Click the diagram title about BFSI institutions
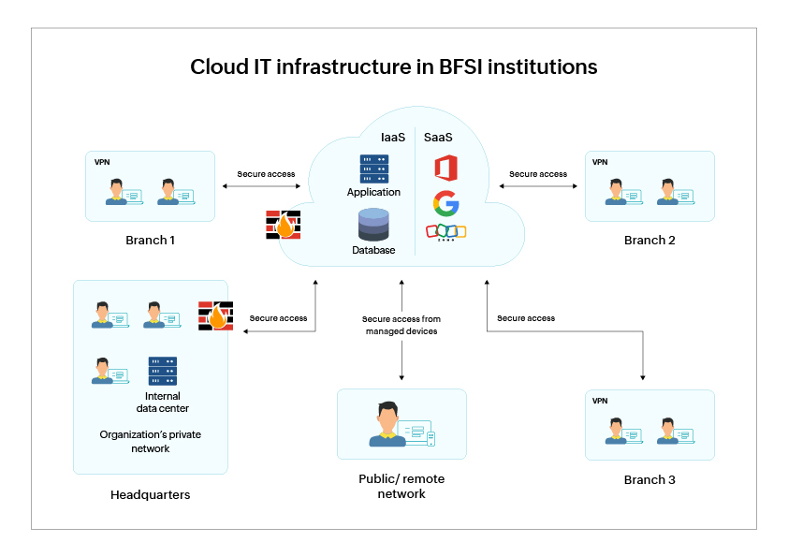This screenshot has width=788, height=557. tap(393, 67)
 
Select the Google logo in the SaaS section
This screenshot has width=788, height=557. tap(445, 202)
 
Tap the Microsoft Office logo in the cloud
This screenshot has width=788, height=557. tap(445, 169)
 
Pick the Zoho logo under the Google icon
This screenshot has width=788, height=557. tap(445, 231)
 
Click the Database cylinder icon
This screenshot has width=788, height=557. tap(373, 225)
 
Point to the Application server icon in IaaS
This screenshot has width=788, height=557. tap(373, 169)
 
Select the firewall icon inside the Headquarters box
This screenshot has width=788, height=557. tap(215, 316)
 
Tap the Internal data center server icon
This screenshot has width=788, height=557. tap(162, 372)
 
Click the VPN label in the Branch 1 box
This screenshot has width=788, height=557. tap(102, 162)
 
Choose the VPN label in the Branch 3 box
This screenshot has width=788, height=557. tap(601, 401)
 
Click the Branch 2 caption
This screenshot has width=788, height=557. tap(649, 241)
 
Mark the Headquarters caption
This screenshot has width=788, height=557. tap(150, 494)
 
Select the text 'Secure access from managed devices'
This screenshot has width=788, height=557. tap(401, 325)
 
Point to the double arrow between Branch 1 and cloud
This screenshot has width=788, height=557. tap(261, 187)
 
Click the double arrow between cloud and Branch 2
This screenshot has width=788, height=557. tap(538, 187)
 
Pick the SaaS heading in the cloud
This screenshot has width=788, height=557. tap(438, 138)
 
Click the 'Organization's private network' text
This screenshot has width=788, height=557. tap(150, 441)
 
